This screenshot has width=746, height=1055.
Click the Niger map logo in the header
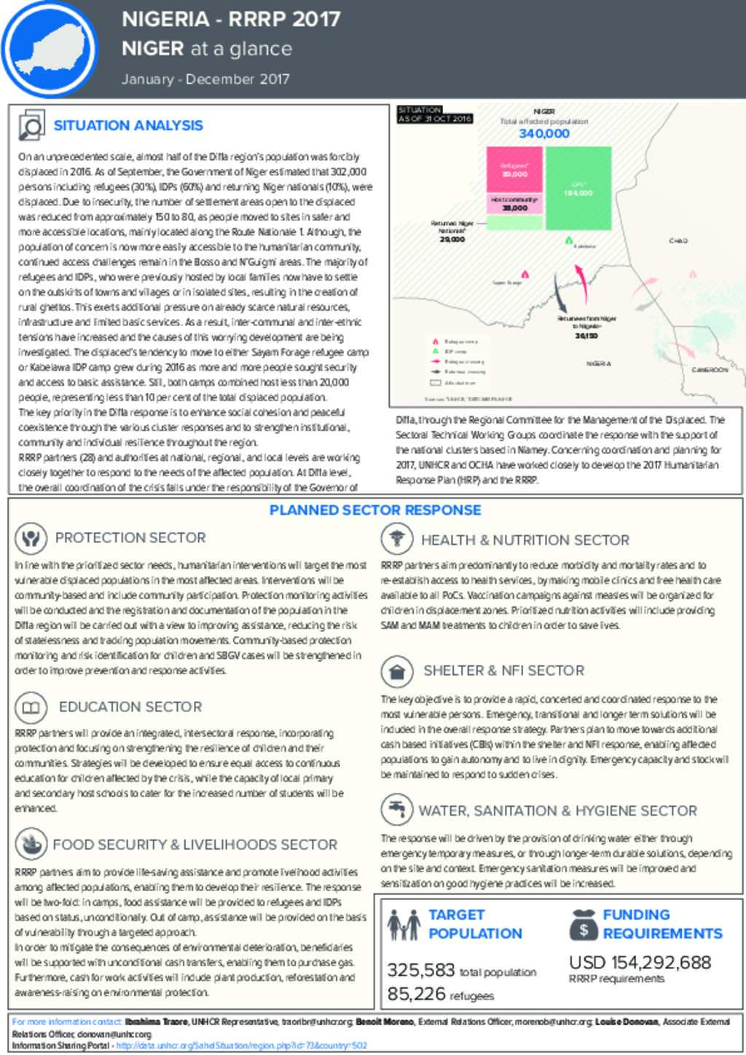[49, 49]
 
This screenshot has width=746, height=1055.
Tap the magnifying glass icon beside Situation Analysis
[31, 126]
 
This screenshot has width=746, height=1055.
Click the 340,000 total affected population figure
[543, 134]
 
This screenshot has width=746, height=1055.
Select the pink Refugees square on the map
[514, 170]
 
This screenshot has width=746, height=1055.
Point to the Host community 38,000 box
[514, 204]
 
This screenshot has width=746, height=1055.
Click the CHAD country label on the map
[678, 240]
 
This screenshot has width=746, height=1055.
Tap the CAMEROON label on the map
[709, 370]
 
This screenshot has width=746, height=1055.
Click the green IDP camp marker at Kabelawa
[569, 240]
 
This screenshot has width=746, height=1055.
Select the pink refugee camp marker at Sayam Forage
[525, 274]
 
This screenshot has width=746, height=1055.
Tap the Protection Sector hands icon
[30, 538]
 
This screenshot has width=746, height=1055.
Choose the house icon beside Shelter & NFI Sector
[397, 671]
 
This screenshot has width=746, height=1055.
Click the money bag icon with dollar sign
[584, 925]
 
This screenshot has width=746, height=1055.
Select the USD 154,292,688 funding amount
[640, 963]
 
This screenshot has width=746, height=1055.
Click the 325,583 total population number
[420, 970]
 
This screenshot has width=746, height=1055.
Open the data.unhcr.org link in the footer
[241, 1046]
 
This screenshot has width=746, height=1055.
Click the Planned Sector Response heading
[375, 510]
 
